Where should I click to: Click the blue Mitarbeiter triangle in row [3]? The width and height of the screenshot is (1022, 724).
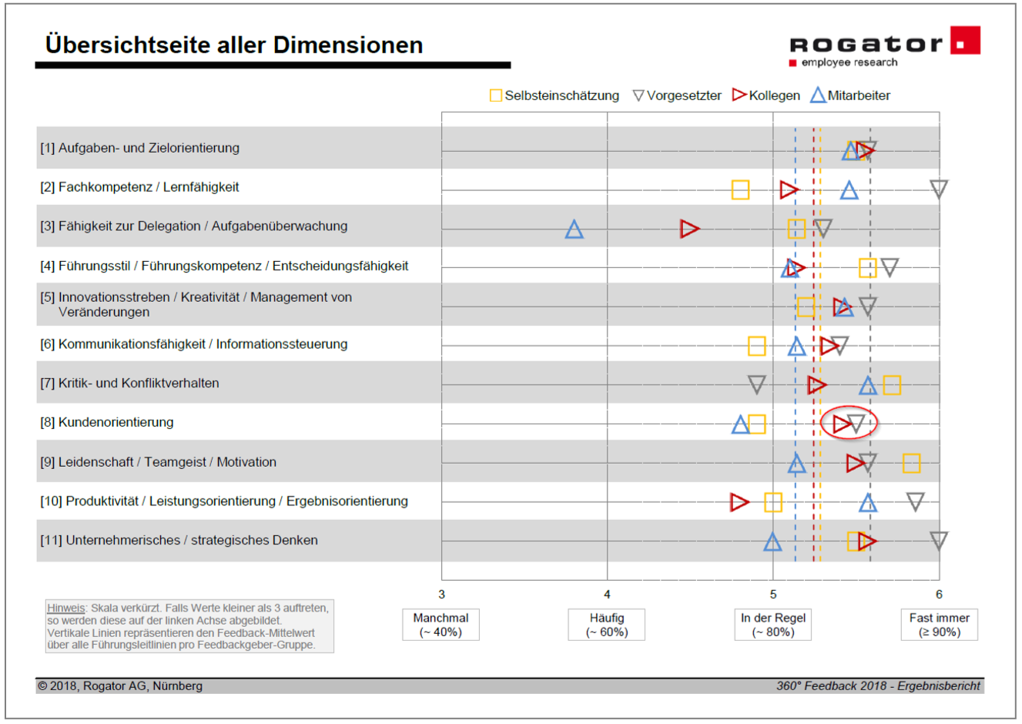coord(574,230)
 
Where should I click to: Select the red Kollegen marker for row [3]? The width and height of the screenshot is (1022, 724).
coord(689,229)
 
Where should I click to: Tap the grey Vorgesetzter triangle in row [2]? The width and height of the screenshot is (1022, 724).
coord(938,189)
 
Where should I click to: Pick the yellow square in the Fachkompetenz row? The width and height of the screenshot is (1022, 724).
coord(740,189)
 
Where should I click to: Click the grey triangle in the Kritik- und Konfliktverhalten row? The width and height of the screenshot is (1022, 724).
coord(757,384)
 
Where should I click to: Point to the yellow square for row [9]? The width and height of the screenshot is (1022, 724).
coord(911,463)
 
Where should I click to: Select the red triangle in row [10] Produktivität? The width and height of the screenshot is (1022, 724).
coord(739,502)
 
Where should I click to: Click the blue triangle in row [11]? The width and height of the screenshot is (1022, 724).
coord(772,542)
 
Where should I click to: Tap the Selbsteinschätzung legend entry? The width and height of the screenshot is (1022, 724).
coord(555,96)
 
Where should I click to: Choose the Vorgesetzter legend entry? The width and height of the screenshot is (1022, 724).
coord(677,96)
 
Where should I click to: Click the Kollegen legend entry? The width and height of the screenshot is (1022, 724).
coord(766,96)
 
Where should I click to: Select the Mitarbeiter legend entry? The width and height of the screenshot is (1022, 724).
coord(850,96)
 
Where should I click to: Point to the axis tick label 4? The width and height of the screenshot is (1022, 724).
coord(607,595)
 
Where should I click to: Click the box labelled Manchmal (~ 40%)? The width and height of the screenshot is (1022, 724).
coord(441,625)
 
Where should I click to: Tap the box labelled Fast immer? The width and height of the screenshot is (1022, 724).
coord(939,625)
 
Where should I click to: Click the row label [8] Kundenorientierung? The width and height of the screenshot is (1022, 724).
coord(107,422)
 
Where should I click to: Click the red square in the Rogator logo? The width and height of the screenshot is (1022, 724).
coord(964,41)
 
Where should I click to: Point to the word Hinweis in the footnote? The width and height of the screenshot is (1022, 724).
coord(65,608)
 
